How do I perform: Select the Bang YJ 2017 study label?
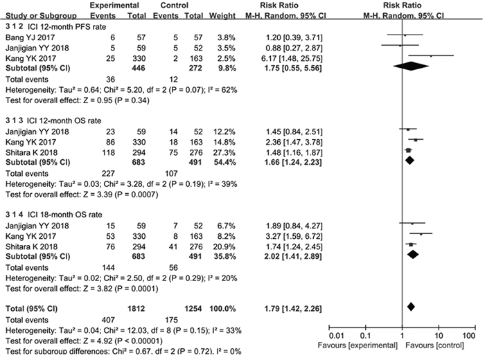tap(30, 34)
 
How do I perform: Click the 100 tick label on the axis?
tap(470, 335)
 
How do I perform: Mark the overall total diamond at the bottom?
tap(411, 306)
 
